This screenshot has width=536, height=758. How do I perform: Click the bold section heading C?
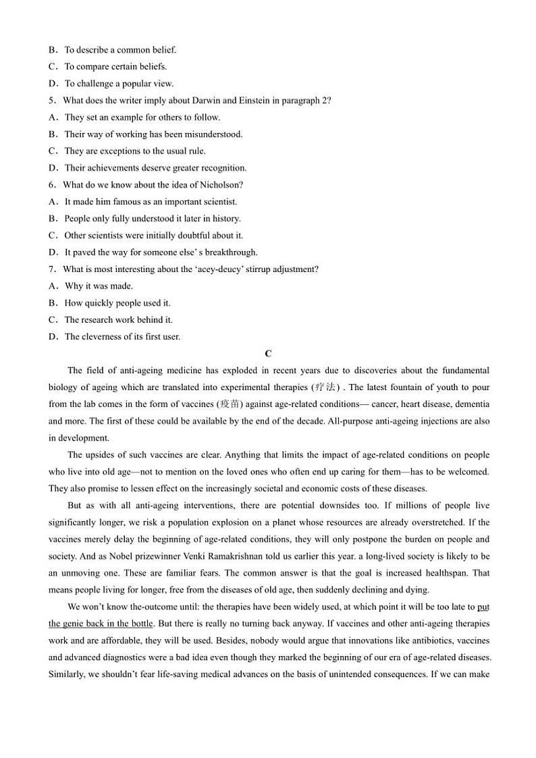268,354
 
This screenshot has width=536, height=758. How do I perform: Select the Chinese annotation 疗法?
325,387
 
